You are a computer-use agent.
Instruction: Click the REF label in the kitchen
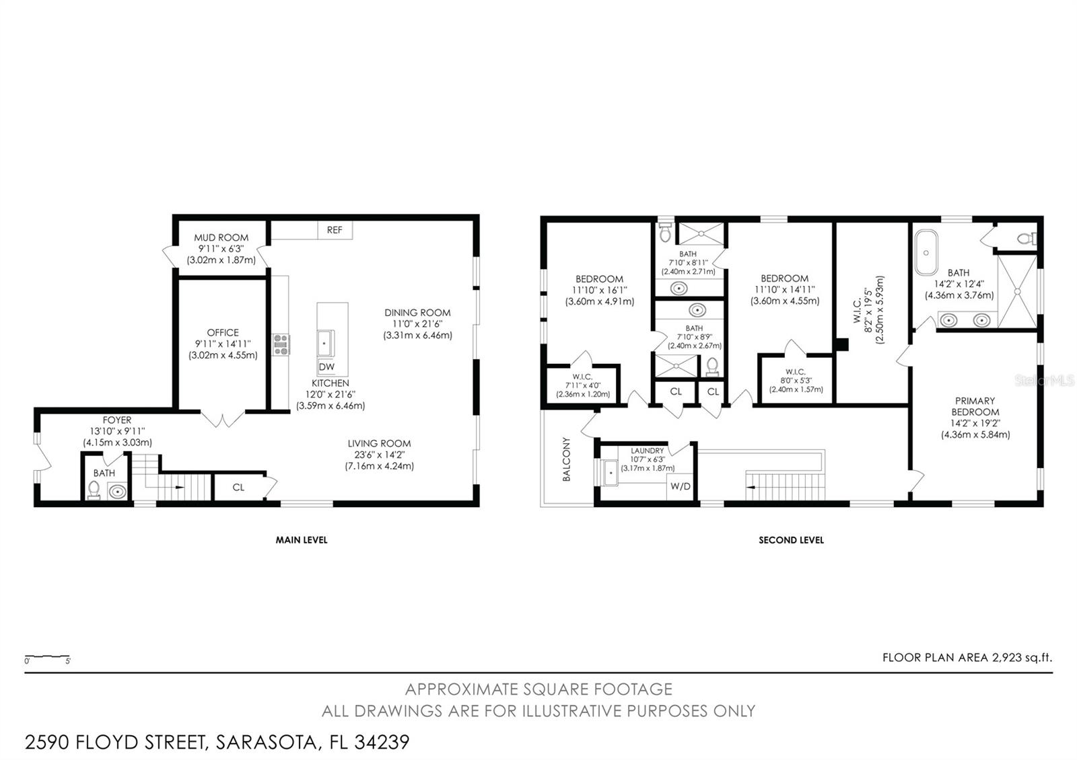[x=335, y=230]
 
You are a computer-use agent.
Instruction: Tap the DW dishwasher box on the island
[x=326, y=367]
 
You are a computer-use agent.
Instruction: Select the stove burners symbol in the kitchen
[x=281, y=344]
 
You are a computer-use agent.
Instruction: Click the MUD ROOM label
[x=221, y=237]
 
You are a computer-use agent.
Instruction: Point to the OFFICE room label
[x=223, y=332]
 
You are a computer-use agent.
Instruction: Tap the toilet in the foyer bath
[x=94, y=490]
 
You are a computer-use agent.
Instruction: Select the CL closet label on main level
[x=238, y=488]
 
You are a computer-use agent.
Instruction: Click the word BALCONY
[x=567, y=459]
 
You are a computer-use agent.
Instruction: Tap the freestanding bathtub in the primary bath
[x=926, y=252]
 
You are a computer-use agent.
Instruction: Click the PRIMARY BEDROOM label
[x=975, y=407]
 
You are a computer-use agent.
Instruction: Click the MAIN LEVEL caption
[x=301, y=539]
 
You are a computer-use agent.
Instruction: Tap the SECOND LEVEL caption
[x=791, y=539]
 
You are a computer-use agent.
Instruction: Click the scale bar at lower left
[x=47, y=656]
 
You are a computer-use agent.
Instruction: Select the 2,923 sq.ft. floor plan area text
[x=1021, y=657]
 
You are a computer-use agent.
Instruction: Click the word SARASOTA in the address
[x=266, y=742]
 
